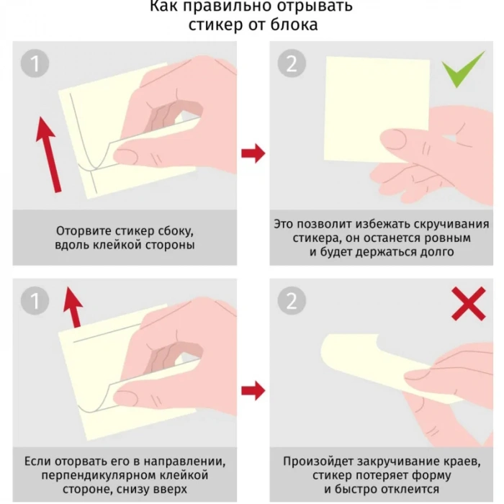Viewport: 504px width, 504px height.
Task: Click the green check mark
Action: click(x=463, y=69)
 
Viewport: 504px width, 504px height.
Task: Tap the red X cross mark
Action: click(x=469, y=304)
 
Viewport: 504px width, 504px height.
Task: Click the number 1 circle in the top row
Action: click(x=35, y=63)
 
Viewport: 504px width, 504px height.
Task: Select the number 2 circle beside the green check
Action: click(x=292, y=63)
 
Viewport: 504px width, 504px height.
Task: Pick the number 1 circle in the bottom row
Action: click(x=35, y=301)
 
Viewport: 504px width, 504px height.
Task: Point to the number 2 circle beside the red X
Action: click(x=292, y=301)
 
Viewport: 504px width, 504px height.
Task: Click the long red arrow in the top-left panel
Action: click(x=48, y=155)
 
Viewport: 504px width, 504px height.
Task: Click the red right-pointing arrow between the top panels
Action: click(x=253, y=153)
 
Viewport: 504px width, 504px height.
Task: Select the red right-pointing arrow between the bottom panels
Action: click(x=253, y=391)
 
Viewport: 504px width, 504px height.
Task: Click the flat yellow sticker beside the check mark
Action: click(x=377, y=109)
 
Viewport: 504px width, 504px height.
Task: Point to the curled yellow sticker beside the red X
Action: click(x=386, y=369)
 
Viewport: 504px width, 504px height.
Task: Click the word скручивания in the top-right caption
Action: click(x=451, y=224)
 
